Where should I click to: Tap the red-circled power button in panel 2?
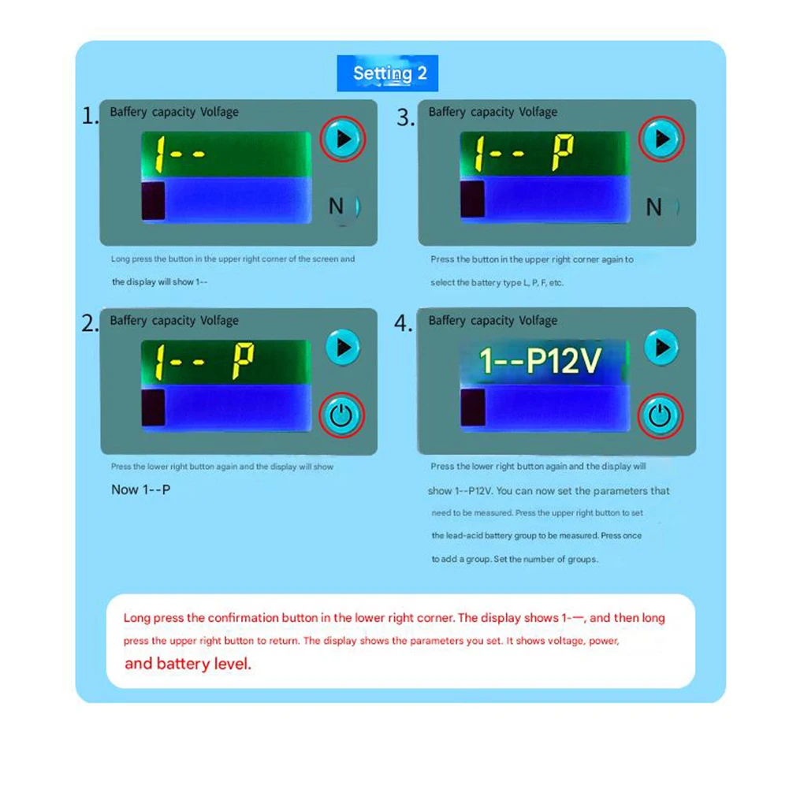click(341, 415)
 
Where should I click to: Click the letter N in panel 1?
click(337, 207)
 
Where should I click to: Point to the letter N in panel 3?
click(654, 207)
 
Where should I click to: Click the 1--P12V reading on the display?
click(541, 361)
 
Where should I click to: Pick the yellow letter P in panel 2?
click(244, 362)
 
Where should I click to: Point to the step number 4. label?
click(404, 324)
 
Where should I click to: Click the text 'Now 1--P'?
click(141, 489)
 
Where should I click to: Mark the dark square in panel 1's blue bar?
click(153, 201)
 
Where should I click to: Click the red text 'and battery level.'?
click(188, 664)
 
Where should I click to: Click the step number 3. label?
click(406, 118)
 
